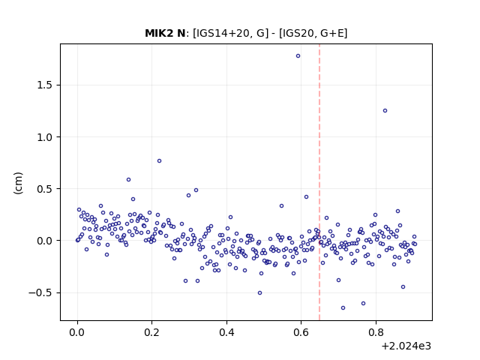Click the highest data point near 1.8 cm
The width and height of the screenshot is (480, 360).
(x=298, y=56)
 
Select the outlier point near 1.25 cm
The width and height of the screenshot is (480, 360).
(x=385, y=111)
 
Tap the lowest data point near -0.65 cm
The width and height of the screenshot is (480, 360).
(x=343, y=308)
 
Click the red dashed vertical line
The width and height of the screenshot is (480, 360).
(x=319, y=182)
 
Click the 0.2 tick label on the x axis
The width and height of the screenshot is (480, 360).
(x=151, y=332)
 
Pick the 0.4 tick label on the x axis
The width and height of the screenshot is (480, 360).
(x=226, y=332)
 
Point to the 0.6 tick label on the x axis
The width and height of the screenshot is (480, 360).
(x=301, y=332)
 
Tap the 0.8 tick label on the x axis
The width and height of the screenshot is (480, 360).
(x=376, y=332)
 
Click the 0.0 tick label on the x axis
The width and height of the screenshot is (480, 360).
(x=77, y=332)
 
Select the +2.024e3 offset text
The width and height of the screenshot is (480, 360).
(x=406, y=346)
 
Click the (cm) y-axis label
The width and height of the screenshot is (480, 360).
(x=18, y=183)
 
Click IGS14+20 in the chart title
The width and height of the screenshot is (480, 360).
(x=220, y=33)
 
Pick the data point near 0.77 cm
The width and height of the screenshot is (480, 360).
(x=159, y=161)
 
